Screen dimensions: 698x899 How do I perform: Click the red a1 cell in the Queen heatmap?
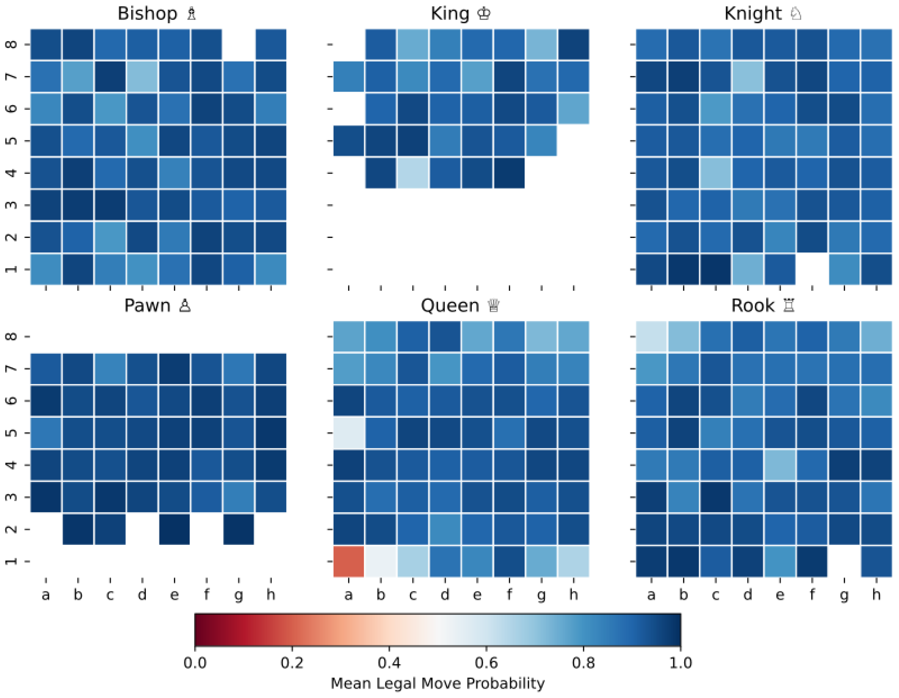coord(348,561)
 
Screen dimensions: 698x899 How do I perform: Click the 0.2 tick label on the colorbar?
coord(292,663)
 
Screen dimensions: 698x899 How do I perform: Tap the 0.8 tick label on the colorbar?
coord(583,663)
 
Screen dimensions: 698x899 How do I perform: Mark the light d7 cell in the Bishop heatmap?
coord(142,76)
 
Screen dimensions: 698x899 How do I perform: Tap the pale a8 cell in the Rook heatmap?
coord(651,337)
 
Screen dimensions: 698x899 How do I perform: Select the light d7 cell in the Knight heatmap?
coord(748,76)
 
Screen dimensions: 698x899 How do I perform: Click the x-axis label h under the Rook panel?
coord(876,595)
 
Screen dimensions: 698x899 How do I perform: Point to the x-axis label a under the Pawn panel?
coord(46,595)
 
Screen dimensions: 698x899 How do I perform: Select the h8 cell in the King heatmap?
coord(573,44)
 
